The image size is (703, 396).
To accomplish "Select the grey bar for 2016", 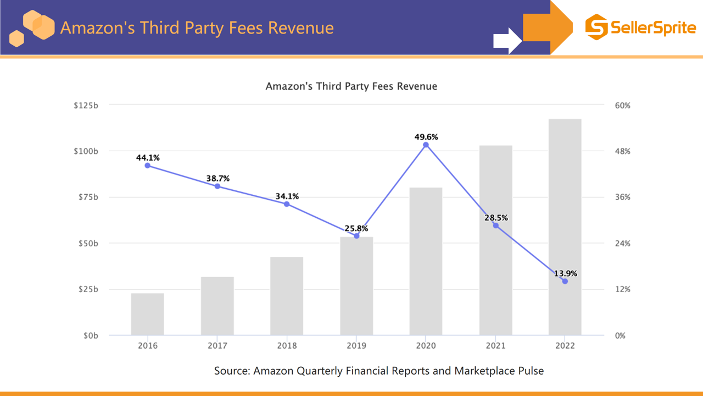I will [147, 314].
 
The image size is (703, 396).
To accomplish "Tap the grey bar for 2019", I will [356, 286].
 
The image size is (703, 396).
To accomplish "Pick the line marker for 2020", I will [426, 145].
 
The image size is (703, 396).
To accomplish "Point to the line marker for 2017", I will [217, 186].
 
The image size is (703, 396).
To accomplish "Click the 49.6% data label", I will [426, 137].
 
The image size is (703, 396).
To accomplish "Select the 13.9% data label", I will [565, 273].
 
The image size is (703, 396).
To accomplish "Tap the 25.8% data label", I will [356, 228].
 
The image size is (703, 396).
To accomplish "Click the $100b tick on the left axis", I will [86, 151].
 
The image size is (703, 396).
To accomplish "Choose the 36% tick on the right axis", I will [622, 197].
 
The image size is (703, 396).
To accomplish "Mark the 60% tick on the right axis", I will [622, 106].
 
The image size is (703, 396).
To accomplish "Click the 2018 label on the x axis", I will [287, 345].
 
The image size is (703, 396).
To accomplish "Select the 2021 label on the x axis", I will [495, 345].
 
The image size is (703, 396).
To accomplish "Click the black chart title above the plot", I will [351, 86].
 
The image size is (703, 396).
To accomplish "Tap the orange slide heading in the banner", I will [197, 28].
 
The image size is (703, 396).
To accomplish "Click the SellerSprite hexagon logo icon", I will [596, 27].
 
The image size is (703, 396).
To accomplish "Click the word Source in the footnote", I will [231, 371].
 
